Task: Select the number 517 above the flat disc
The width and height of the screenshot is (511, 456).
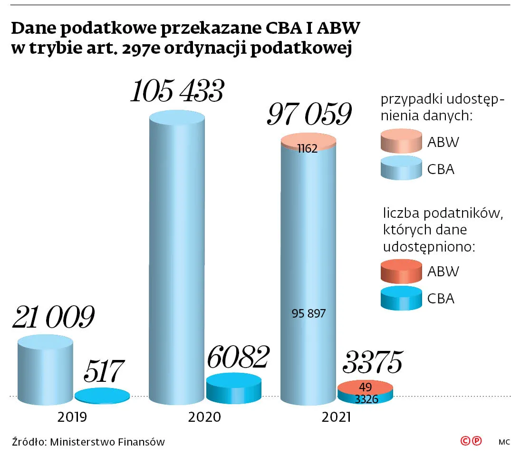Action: (x=104, y=371)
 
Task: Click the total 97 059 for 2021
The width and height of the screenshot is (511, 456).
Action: (x=309, y=115)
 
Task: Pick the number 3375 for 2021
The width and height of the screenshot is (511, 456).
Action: (x=373, y=363)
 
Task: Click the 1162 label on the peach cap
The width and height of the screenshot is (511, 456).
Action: (x=308, y=148)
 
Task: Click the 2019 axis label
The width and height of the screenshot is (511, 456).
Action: (x=72, y=417)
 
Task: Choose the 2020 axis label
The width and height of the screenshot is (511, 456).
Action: (x=204, y=417)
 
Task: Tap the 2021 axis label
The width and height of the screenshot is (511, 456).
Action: (x=336, y=417)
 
